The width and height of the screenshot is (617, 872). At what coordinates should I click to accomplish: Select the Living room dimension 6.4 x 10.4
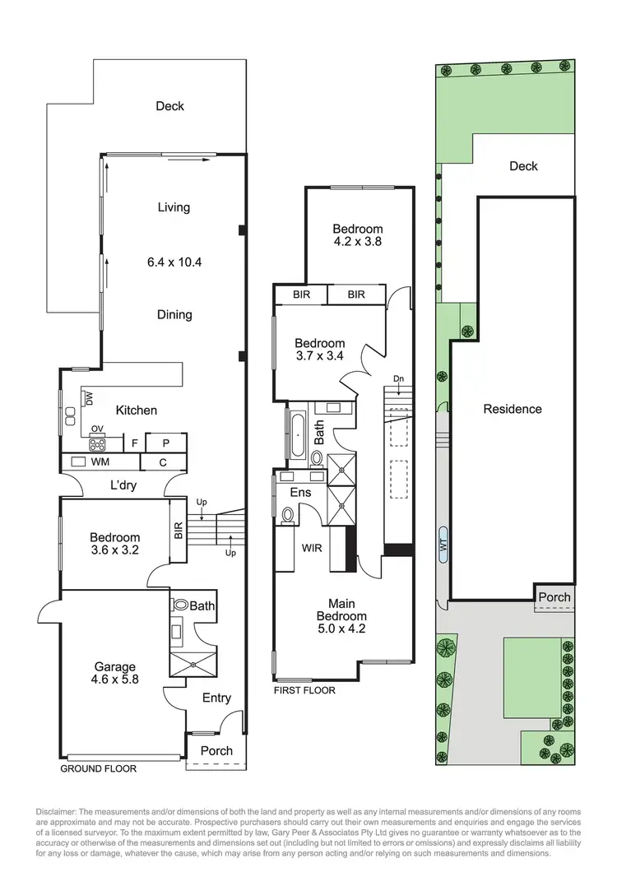click(x=174, y=262)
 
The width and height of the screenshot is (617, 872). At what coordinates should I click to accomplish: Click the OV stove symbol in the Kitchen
click(x=97, y=444)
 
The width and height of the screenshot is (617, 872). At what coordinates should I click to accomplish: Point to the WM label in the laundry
click(x=100, y=462)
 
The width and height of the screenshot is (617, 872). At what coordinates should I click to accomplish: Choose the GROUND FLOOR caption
click(x=97, y=769)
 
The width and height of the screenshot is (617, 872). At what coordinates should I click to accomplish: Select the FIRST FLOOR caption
click(x=304, y=690)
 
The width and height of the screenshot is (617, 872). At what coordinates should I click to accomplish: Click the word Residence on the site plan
click(x=513, y=409)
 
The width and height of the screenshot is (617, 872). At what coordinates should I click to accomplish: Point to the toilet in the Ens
click(x=287, y=515)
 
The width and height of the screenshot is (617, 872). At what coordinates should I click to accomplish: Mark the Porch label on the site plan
click(x=554, y=597)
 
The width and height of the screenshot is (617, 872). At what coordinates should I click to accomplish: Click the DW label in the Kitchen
click(x=89, y=398)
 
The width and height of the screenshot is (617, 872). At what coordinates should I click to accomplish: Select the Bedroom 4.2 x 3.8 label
click(x=357, y=235)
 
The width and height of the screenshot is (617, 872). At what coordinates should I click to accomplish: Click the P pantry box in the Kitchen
click(x=165, y=443)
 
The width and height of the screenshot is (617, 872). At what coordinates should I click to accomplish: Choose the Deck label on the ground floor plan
click(x=169, y=106)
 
